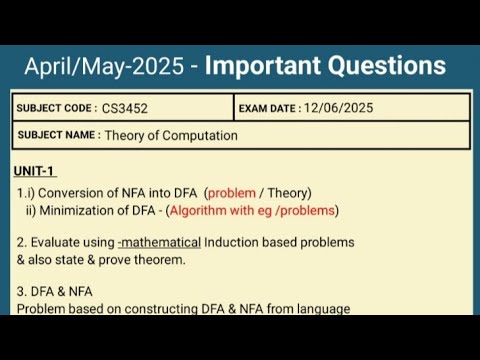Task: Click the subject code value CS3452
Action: tap(125, 108)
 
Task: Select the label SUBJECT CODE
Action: tap(56, 108)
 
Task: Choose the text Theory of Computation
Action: tap(171, 135)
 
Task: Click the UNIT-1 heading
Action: tap(35, 172)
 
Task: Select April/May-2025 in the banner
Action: tap(105, 66)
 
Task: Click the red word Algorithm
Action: tap(201, 210)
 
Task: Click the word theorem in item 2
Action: tap(182, 258)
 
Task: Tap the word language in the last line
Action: tap(323, 308)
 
